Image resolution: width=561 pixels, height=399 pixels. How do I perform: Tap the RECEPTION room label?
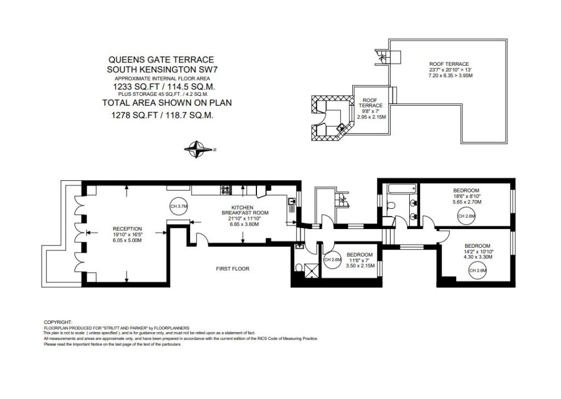127,229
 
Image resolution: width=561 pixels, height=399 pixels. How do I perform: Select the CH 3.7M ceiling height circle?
179,206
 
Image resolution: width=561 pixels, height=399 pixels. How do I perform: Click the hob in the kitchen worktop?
226,190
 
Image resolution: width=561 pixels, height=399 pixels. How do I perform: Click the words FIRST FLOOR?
232,269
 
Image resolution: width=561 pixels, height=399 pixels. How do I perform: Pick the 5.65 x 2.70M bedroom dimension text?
467,202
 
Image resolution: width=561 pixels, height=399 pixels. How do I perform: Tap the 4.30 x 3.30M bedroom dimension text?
478,257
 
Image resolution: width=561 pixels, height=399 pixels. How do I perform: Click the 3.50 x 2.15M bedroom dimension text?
360,266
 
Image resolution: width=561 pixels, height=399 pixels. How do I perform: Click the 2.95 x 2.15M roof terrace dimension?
371,117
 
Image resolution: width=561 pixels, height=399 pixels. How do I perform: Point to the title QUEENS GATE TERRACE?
161,60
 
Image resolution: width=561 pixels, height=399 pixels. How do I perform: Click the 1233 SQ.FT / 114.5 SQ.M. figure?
164,87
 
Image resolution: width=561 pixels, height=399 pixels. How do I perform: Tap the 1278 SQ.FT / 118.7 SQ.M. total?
162,115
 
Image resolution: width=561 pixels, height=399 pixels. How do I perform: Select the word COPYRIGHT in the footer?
58,322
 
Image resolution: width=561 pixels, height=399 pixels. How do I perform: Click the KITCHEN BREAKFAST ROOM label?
245,210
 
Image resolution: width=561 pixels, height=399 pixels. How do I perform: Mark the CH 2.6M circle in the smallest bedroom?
333,260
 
